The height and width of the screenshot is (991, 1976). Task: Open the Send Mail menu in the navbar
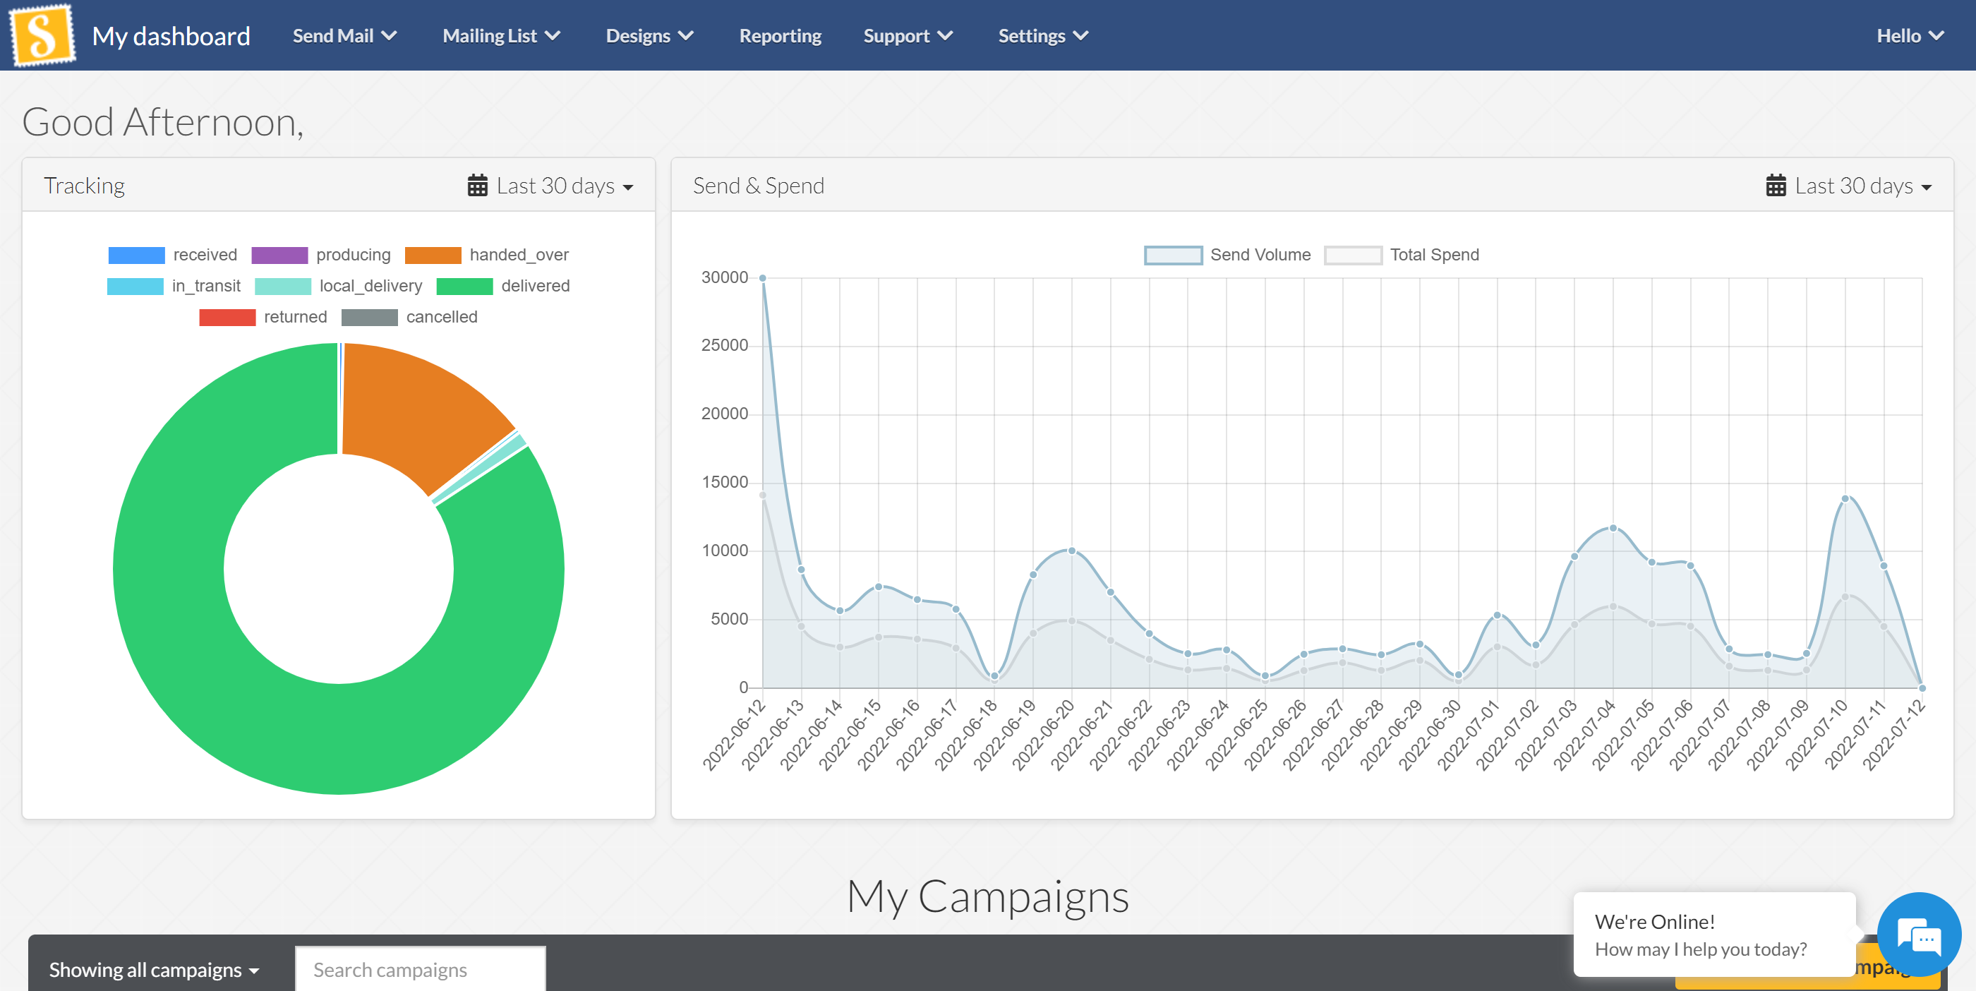coord(344,36)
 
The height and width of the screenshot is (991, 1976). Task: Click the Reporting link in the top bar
coord(779,36)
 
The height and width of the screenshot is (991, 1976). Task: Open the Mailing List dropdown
coord(501,36)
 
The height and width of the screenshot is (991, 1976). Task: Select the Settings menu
coord(1042,36)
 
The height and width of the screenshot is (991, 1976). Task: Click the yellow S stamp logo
coord(42,35)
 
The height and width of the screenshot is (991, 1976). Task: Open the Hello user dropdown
coord(1908,36)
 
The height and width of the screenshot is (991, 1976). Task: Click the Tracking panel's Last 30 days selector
coord(550,186)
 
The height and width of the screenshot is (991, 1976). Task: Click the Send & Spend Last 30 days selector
coord(1848,186)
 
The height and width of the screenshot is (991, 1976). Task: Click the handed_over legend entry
coord(486,255)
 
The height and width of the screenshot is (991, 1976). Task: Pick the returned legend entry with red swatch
coord(263,317)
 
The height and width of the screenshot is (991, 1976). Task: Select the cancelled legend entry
coord(409,317)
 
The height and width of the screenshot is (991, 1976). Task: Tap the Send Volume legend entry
coord(1227,255)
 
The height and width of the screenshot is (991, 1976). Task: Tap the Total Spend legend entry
coord(1402,255)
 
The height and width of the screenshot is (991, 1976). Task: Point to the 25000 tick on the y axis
coord(724,345)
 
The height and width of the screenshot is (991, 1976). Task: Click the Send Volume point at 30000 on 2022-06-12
coord(762,277)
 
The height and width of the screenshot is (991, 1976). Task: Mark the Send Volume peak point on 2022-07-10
coord(1845,498)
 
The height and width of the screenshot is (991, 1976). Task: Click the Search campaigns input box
coord(420,970)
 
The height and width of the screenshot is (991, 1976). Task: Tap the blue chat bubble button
coord(1918,935)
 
